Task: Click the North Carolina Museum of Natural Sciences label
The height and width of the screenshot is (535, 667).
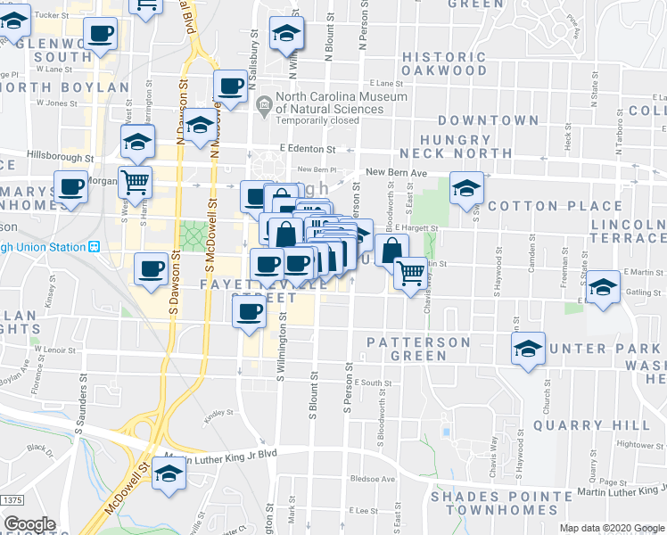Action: (342, 103)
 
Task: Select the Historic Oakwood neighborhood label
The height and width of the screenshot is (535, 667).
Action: (444, 63)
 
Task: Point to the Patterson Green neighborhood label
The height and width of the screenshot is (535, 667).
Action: (419, 349)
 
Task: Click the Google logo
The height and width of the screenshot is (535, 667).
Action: (29, 524)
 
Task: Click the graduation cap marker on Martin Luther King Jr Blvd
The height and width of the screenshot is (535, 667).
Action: (168, 473)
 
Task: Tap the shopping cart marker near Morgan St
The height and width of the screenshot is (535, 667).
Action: (136, 182)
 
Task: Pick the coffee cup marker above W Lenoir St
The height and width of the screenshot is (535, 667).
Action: (249, 311)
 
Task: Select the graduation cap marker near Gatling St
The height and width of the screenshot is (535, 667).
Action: (603, 287)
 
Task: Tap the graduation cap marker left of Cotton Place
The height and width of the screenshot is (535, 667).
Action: (465, 187)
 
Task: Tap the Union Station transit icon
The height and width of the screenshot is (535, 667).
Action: (93, 247)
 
